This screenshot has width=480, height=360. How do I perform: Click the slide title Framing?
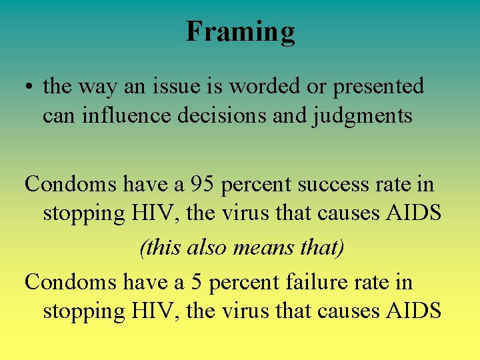(x=240, y=31)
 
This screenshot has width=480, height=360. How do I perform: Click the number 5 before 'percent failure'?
(x=196, y=282)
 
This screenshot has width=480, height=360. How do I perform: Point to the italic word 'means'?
(x=263, y=248)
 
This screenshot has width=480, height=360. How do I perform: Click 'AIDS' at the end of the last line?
(x=413, y=311)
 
